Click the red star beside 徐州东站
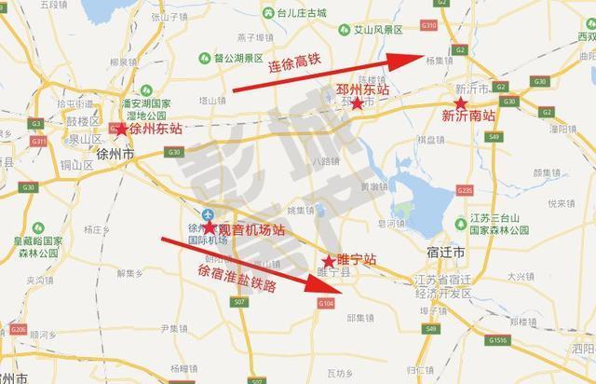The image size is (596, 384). tap(121, 130)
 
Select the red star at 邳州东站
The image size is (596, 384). tap(358, 103)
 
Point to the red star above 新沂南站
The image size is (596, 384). tap(460, 101)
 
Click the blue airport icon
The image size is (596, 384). tap(207, 211)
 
